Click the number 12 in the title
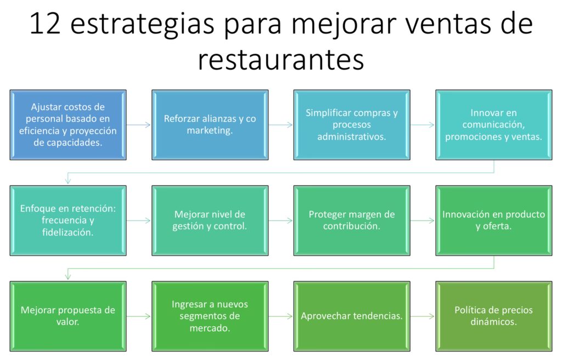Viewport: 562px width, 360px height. (46, 25)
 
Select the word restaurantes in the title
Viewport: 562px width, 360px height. (280, 59)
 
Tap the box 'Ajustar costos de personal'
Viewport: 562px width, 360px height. (68, 125)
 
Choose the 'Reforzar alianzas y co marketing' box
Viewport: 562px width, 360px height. (210, 125)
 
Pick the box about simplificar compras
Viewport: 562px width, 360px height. (351, 125)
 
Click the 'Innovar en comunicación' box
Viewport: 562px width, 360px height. (493, 125)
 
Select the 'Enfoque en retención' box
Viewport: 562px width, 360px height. (68, 220)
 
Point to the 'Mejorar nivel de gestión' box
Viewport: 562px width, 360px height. (210, 220)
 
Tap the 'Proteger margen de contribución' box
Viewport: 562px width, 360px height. (351, 220)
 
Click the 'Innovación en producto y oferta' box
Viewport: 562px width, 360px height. (493, 220)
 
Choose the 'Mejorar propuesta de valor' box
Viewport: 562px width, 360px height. (68, 316)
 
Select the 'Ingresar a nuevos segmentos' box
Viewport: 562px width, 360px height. (210, 316)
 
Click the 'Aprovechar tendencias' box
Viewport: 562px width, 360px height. (351, 316)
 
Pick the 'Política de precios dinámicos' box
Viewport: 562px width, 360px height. (493, 316)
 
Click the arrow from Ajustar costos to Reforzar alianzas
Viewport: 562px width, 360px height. (139, 125)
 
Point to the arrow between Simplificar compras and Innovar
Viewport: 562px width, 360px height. (423, 125)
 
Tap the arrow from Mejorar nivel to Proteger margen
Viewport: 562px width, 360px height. (281, 221)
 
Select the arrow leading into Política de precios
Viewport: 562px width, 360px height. (423, 316)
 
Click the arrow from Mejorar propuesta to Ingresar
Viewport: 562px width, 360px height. (139, 316)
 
